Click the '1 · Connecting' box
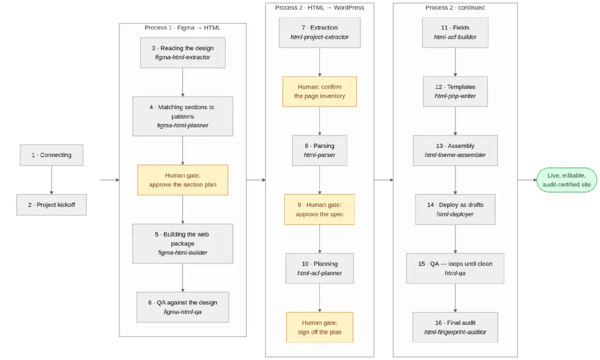pyautogui.click(x=52, y=155)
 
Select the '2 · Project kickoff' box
pyautogui.click(x=52, y=205)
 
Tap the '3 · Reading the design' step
pyautogui.click(x=183, y=53)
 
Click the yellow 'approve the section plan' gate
pyautogui.click(x=183, y=180)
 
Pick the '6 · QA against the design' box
pyautogui.click(x=183, y=307)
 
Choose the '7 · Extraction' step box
pyautogui.click(x=319, y=33)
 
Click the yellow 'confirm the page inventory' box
pyautogui.click(x=319, y=91)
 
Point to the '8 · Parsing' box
pyautogui.click(x=319, y=151)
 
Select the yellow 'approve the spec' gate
pyautogui.click(x=319, y=209)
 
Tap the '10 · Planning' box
pyautogui.click(x=319, y=269)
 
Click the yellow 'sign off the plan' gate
pyautogui.click(x=319, y=327)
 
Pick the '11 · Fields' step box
pyautogui.click(x=455, y=33)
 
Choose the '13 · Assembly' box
pyautogui.click(x=455, y=151)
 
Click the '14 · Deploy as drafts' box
pyautogui.click(x=455, y=209)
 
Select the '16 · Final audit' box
pyautogui.click(x=455, y=327)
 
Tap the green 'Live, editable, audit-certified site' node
pyautogui.click(x=567, y=180)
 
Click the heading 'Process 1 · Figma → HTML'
pyautogui.click(x=183, y=28)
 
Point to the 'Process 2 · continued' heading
pyautogui.click(x=455, y=7)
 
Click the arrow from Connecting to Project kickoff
pyautogui.click(x=52, y=180)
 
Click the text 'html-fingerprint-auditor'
pyautogui.click(x=455, y=332)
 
